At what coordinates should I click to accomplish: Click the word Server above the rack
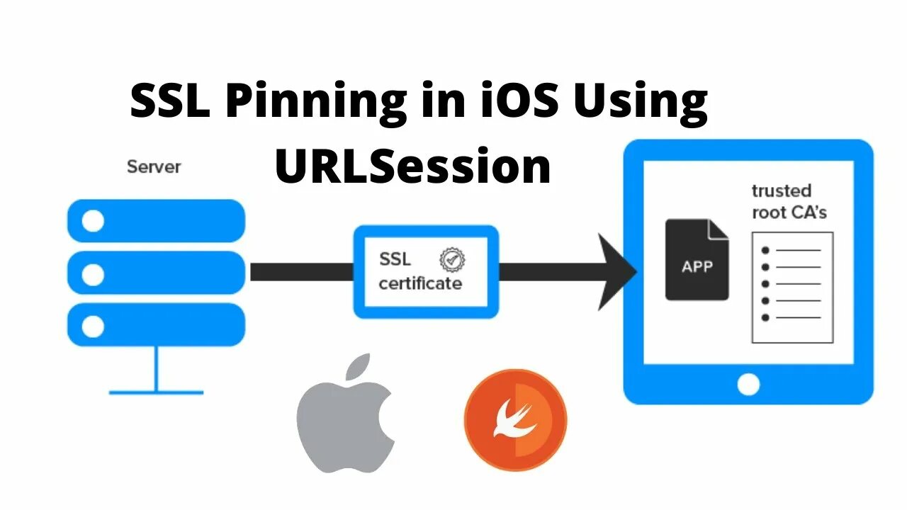point(154,167)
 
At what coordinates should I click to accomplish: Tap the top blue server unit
point(156,221)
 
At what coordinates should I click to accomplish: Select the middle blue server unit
point(156,273)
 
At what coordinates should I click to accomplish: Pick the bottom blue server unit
point(156,325)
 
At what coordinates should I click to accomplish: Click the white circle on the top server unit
point(92,222)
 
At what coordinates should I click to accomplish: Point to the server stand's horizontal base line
point(156,392)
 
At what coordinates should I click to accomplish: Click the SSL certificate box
point(426,271)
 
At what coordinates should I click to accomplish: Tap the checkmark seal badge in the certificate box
point(451,259)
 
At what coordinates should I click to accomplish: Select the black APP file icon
point(697,259)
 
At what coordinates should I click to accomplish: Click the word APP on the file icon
point(697,267)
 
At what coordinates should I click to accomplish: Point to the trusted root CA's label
point(789,201)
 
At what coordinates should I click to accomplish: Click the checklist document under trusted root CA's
point(792,287)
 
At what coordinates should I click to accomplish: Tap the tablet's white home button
point(748,385)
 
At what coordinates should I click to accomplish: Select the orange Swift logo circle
point(515,419)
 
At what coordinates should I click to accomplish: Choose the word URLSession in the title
point(413,166)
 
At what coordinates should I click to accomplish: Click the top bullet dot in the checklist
point(765,250)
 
